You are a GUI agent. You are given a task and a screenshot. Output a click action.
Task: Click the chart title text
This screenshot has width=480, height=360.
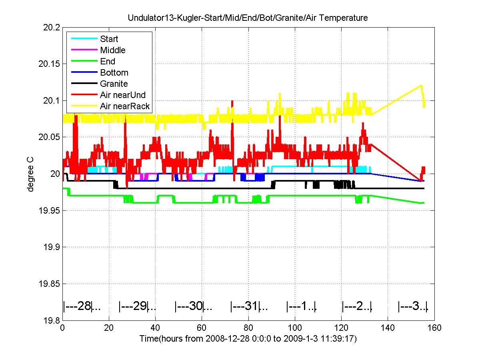point(248,18)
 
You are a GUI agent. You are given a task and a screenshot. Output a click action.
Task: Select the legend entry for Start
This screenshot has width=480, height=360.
point(109,39)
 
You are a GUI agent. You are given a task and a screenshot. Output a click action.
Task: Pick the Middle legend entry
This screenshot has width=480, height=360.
point(112,50)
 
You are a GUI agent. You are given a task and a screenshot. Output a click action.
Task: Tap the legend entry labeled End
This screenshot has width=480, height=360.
point(108,61)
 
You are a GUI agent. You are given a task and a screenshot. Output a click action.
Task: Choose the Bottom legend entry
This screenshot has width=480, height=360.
point(114,72)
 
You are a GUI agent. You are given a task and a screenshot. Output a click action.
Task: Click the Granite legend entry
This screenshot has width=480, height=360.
point(114,84)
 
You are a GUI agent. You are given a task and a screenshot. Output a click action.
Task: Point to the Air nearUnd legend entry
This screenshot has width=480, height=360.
point(122,95)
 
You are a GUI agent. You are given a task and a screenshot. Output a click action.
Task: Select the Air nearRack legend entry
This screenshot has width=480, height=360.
point(125,106)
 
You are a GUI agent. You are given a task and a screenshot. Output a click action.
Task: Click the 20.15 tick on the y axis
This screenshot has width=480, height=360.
point(50,64)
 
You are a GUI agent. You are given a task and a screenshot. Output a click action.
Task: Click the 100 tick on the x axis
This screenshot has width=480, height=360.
point(295,328)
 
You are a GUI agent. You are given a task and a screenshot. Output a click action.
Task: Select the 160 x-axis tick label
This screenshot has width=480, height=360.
point(434,328)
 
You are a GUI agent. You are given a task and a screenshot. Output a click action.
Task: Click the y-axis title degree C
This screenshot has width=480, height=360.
point(30,174)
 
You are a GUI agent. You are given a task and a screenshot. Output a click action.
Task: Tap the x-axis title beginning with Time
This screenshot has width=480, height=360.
point(248,339)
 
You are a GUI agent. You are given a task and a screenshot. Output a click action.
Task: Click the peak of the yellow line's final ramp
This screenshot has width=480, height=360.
point(421,85)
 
